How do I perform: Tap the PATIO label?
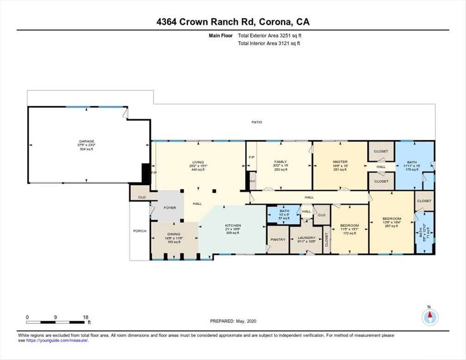(x=257, y=123)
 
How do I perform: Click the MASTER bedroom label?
(x=340, y=161)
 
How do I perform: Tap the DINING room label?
(x=173, y=234)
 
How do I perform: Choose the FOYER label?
(x=170, y=208)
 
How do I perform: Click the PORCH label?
(x=140, y=231)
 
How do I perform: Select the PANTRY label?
(x=278, y=239)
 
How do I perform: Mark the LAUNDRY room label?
(x=307, y=237)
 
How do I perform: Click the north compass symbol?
(x=429, y=317)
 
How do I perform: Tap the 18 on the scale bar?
(x=86, y=317)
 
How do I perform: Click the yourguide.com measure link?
(x=56, y=341)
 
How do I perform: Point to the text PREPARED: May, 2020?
(x=233, y=320)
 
